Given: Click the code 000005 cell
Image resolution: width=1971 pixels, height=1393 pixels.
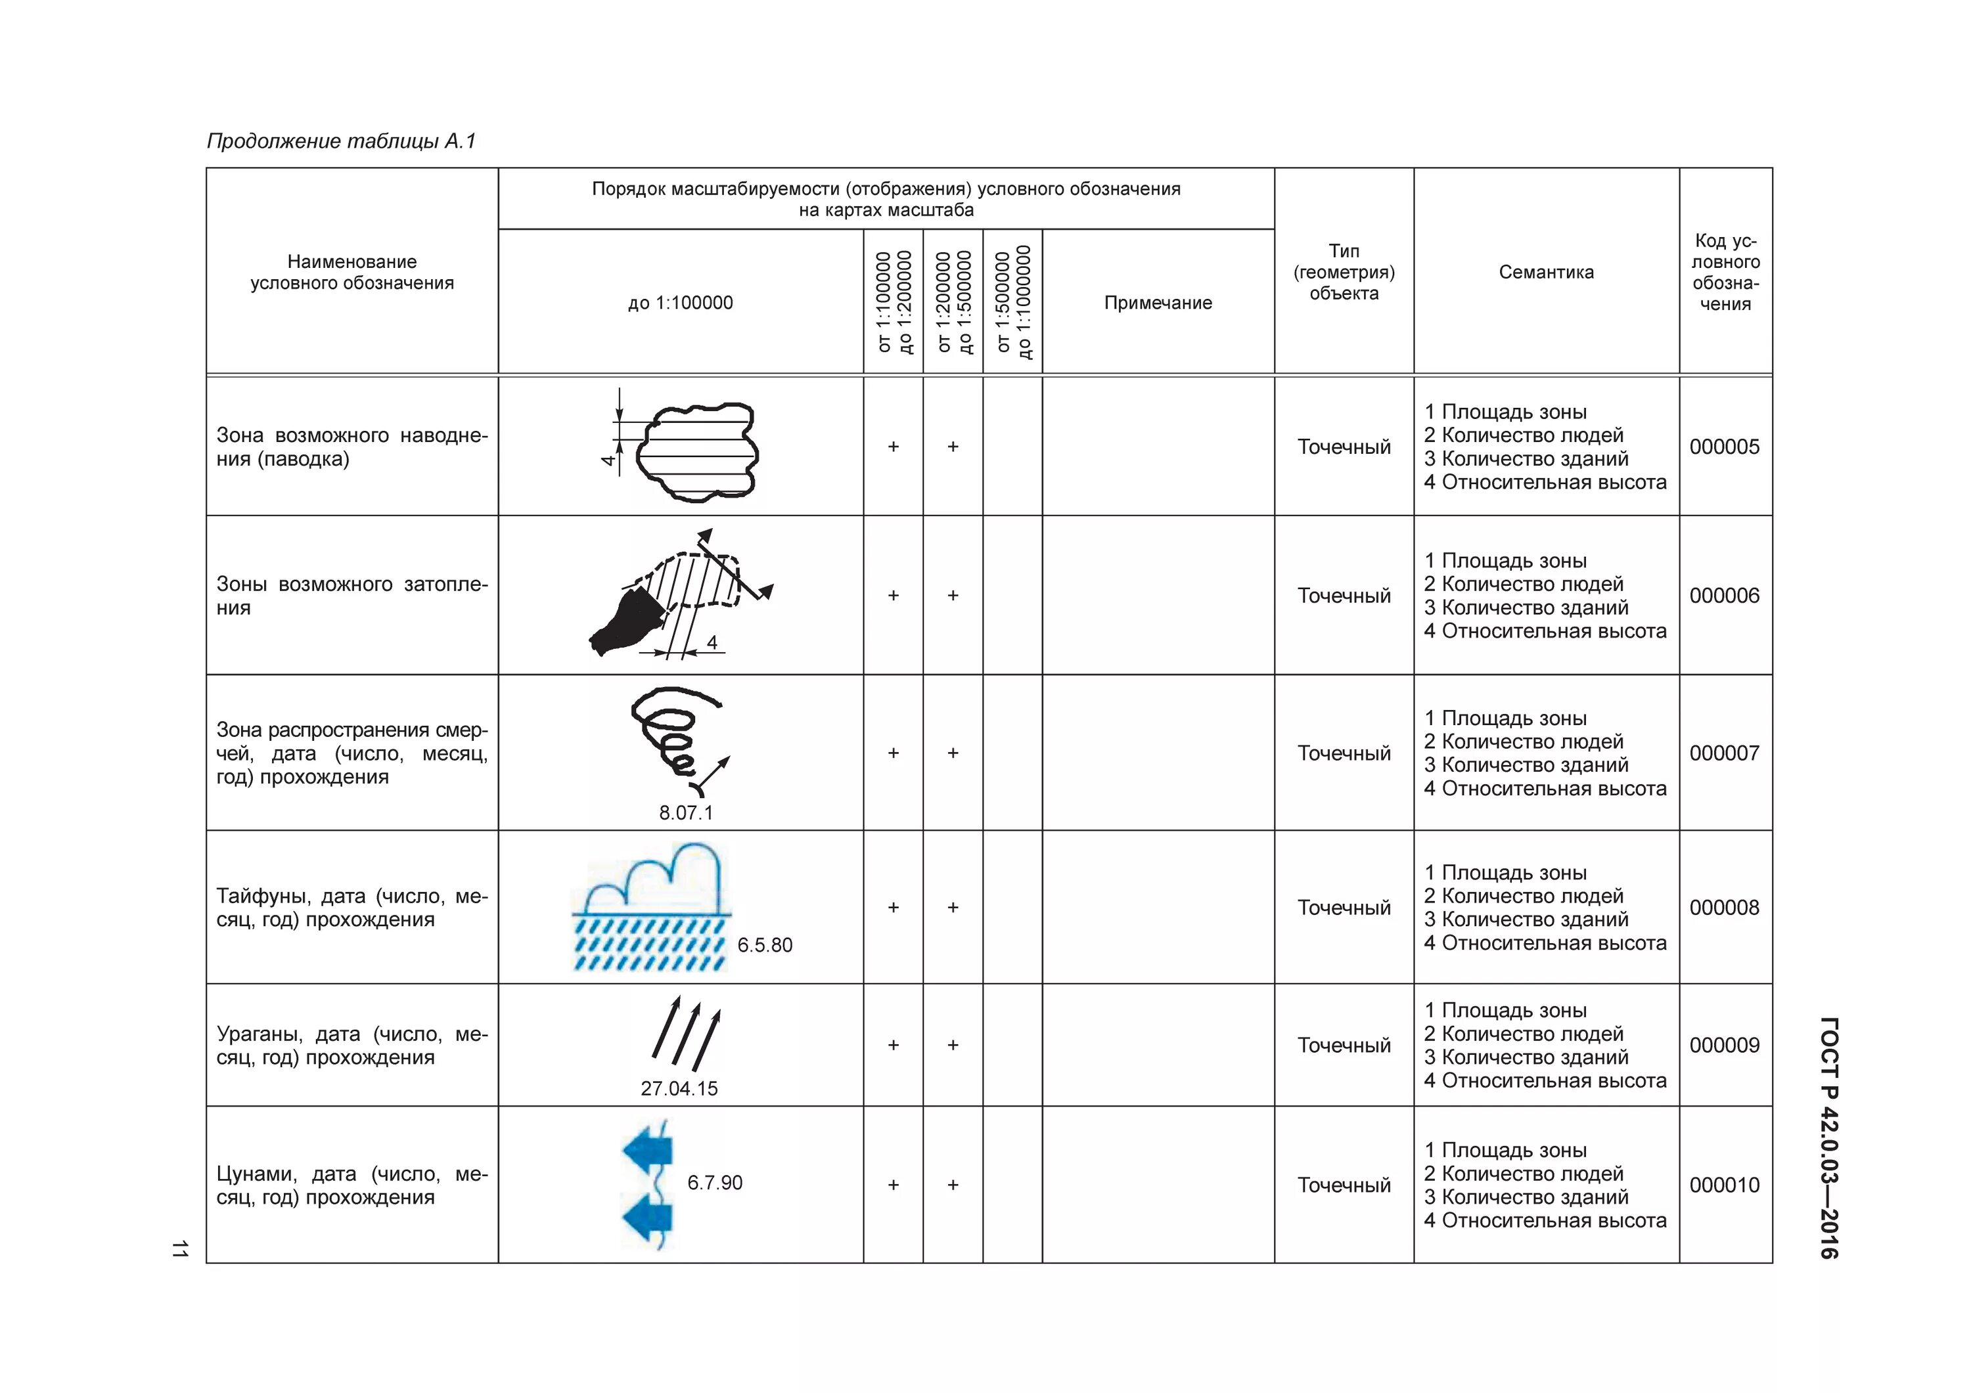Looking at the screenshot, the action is [1724, 447].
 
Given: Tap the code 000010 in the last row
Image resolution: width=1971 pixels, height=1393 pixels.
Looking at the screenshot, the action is [1724, 1185].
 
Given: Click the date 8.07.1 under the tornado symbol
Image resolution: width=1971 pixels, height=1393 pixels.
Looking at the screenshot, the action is [685, 813].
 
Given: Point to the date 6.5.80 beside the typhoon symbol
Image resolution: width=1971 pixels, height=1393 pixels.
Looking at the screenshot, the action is [764, 945].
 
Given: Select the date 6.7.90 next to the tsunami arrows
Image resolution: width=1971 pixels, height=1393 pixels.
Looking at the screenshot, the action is [714, 1183].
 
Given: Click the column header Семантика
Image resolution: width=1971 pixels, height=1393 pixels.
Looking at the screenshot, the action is [1545, 272].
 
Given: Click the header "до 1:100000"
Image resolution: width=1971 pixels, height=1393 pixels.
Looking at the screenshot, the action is [680, 303].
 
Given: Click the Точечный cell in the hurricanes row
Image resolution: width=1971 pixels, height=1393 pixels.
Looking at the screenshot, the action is [1344, 1046].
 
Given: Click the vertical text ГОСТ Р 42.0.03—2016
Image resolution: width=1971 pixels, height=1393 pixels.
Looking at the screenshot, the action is [1828, 1138].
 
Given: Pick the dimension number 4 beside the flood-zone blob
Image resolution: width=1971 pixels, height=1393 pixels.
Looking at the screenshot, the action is [608, 460].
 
